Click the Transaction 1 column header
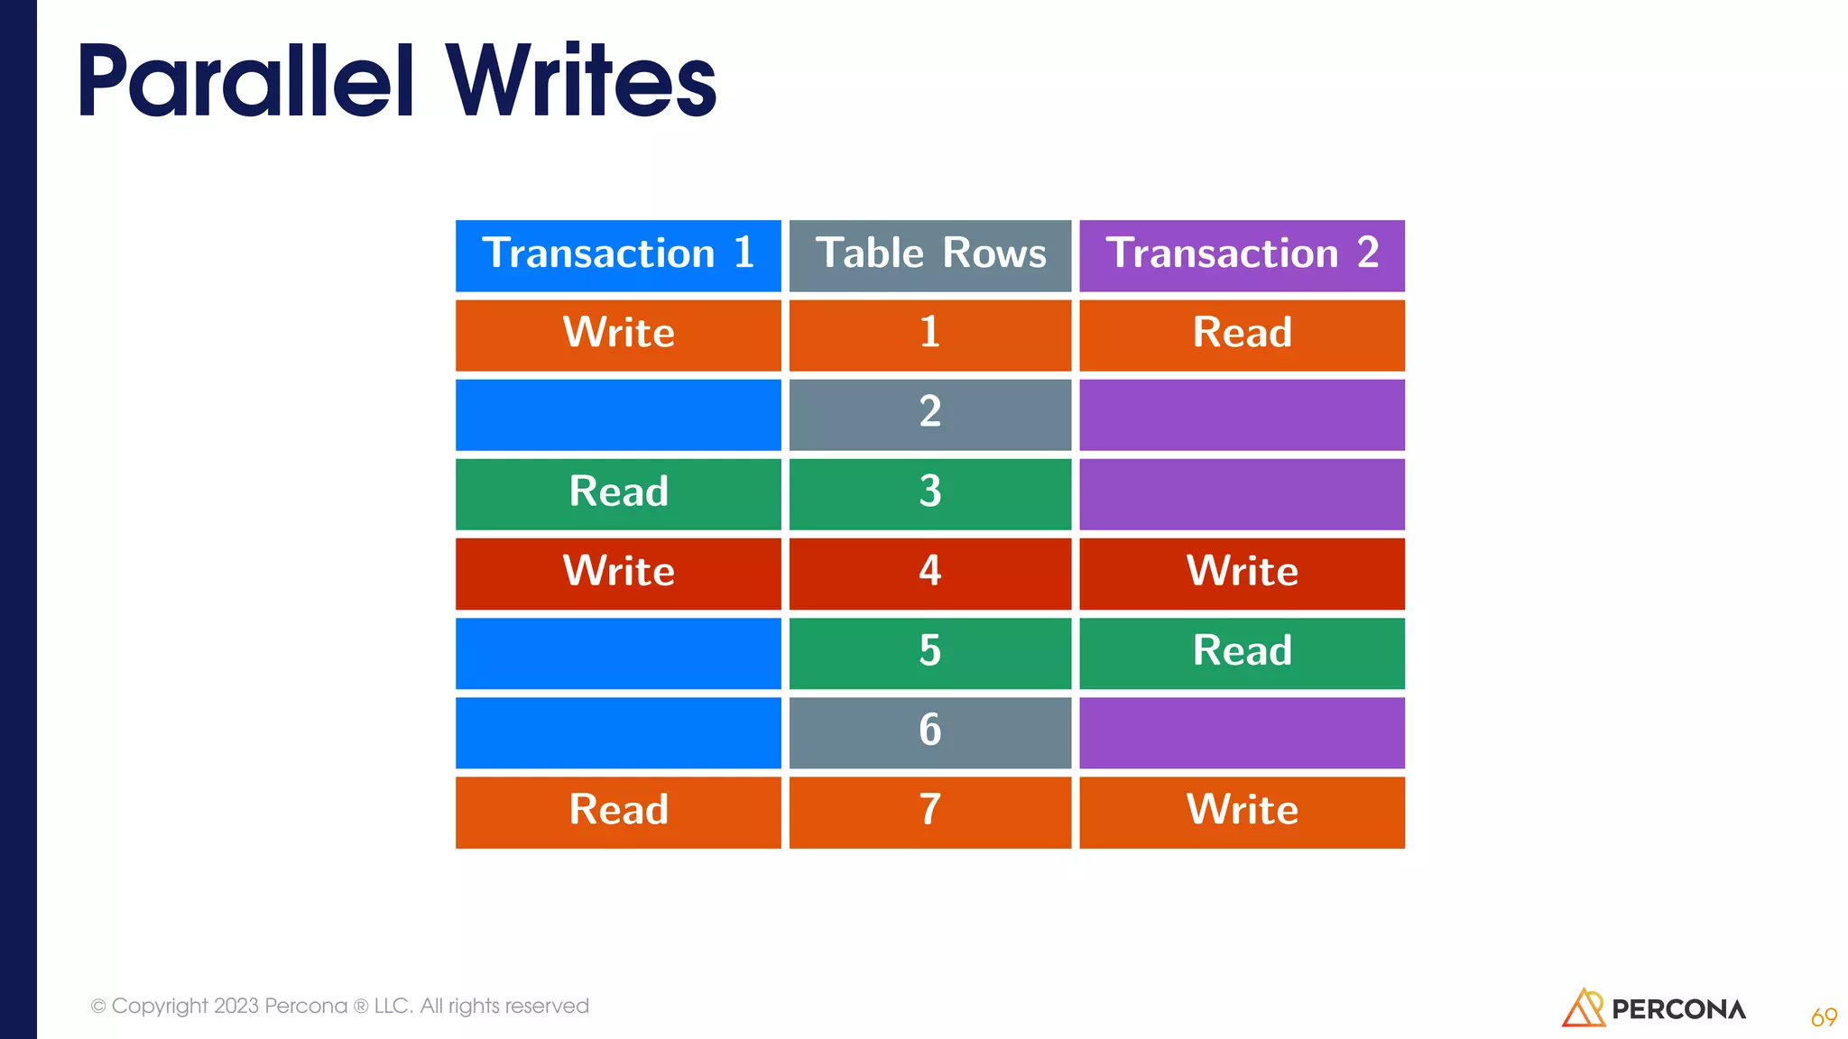[x=618, y=255]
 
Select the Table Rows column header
[x=930, y=255]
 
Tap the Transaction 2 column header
[x=1242, y=255]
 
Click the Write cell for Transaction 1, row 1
[x=618, y=335]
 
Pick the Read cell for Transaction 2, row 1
[x=1242, y=335]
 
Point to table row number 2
[x=930, y=414]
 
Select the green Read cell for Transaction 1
[x=618, y=493]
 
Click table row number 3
[x=930, y=493]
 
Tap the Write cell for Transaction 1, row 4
[x=618, y=573]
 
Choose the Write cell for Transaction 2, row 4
[x=1242, y=573]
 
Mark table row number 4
[x=930, y=573]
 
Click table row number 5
[x=930, y=652]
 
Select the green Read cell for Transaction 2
[x=1242, y=652]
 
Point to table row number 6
[x=930, y=731]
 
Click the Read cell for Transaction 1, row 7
[x=618, y=811]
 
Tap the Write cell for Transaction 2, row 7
[x=1242, y=811]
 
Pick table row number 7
[x=930, y=811]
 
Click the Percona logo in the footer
[x=1653, y=1008]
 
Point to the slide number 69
[x=1824, y=1017]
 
